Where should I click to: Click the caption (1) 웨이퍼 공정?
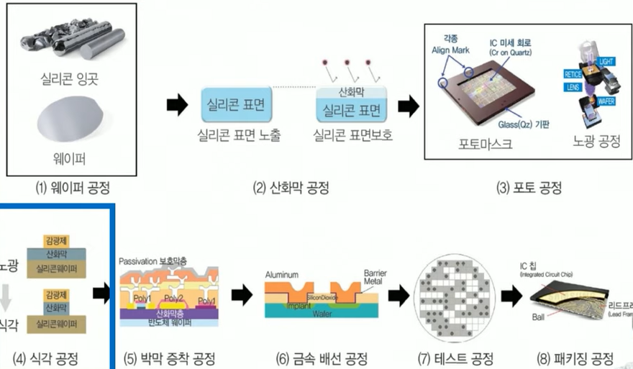coord(73,189)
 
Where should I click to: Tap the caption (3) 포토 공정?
coord(529,189)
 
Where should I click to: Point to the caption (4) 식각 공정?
coord(47,358)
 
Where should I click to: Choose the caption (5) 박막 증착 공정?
coord(169,358)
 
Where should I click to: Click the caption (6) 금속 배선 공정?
coord(323,358)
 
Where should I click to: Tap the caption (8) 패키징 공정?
coord(575,358)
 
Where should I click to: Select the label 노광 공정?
coord(594,140)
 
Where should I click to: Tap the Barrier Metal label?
coord(375,278)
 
